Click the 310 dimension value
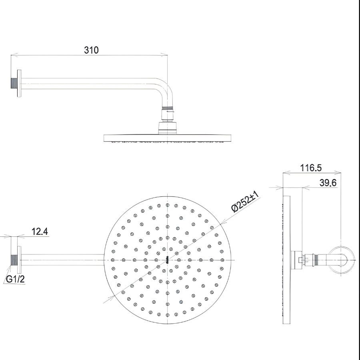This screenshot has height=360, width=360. [91, 50]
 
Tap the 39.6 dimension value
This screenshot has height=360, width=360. [328, 183]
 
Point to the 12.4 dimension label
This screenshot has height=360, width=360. [40, 232]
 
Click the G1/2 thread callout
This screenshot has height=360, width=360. [16, 279]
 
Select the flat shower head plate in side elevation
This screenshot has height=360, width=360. [167, 138]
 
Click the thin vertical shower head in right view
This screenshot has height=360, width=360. [286, 260]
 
